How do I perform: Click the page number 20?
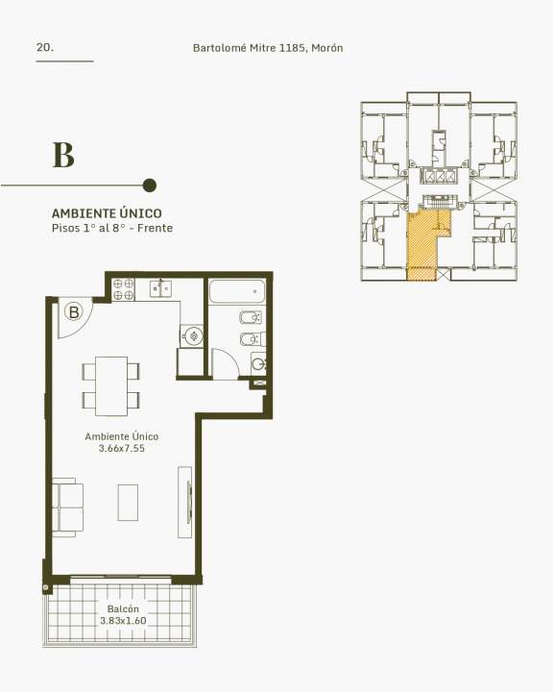click(x=45, y=47)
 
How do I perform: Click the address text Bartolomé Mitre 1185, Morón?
click(x=268, y=48)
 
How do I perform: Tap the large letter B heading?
click(x=63, y=155)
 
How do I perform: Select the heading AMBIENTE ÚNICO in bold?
click(x=107, y=213)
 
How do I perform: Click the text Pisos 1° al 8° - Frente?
click(x=112, y=228)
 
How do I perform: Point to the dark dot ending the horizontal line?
click(x=150, y=185)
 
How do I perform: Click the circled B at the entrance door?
click(x=74, y=312)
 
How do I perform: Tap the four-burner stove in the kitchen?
click(x=124, y=289)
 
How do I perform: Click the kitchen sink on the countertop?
click(x=160, y=288)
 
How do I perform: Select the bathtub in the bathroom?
click(x=237, y=291)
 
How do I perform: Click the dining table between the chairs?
click(x=111, y=386)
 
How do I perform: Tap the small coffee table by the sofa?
click(x=128, y=503)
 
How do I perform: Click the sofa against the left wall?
click(x=68, y=507)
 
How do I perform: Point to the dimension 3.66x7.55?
click(x=122, y=449)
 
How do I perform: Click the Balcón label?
click(x=123, y=609)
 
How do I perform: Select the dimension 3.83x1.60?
click(x=123, y=621)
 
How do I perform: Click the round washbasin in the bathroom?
click(x=258, y=364)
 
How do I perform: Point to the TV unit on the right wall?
click(x=184, y=503)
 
